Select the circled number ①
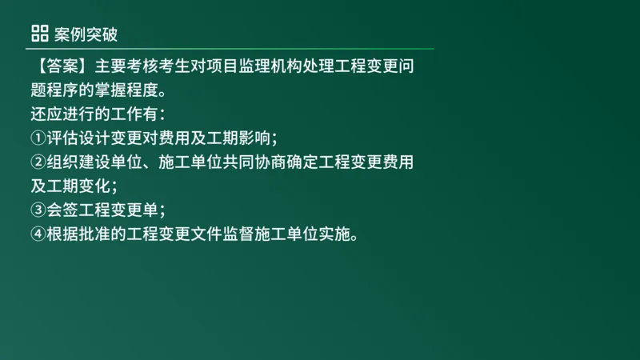click(38, 137)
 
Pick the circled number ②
click(38, 162)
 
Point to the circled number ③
click(38, 210)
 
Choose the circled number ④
click(38, 235)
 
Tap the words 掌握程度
click(136, 88)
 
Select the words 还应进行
click(64, 112)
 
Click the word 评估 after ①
click(64, 137)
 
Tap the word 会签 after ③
click(64, 210)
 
